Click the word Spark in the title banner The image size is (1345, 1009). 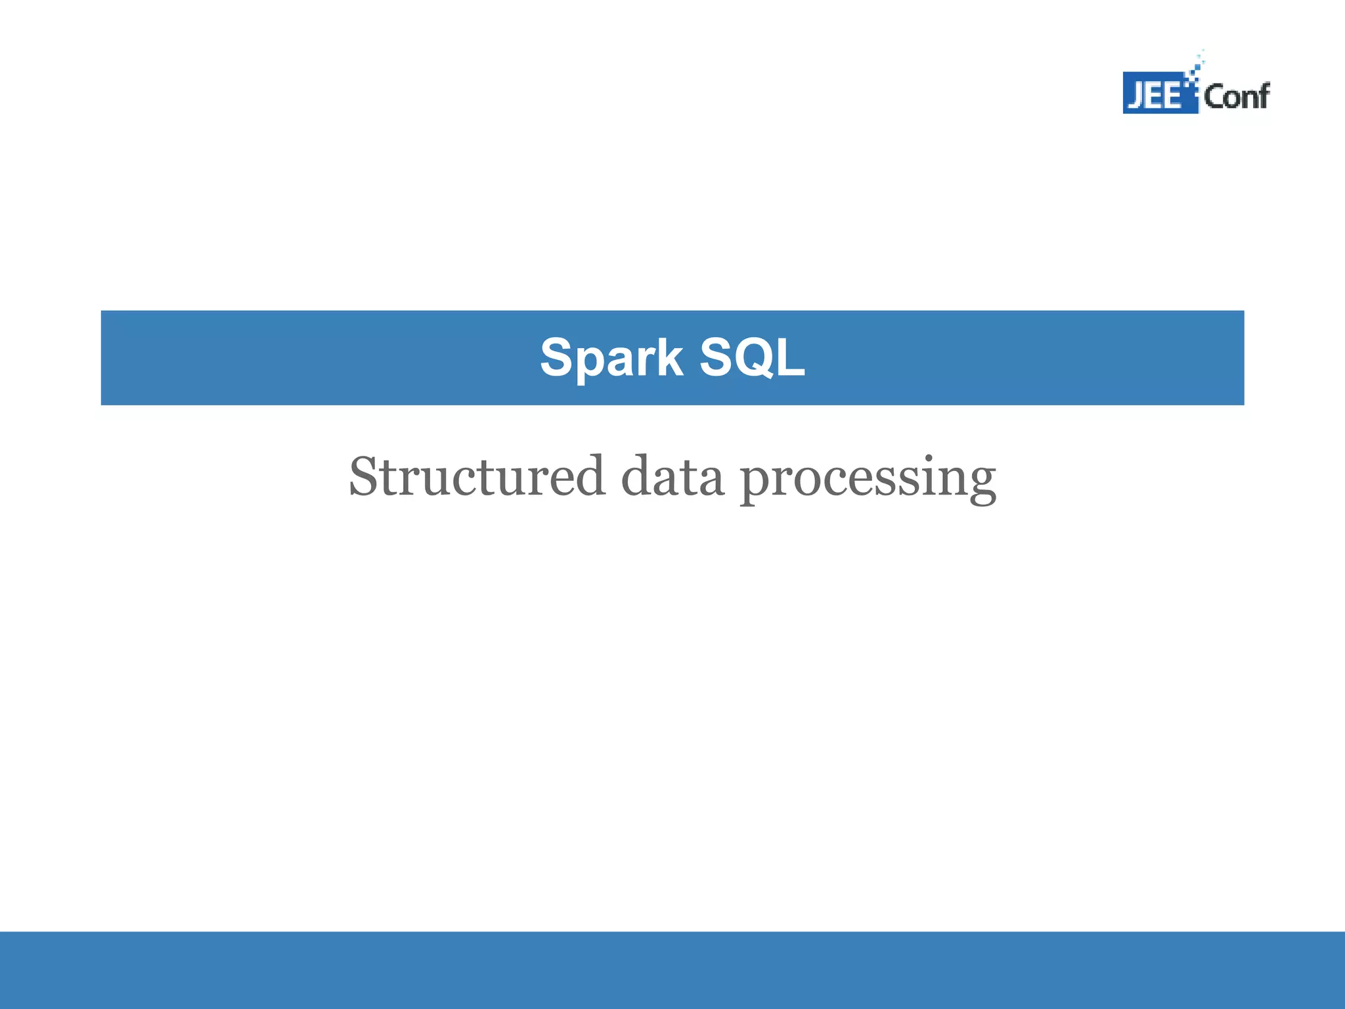pyautogui.click(x=611, y=358)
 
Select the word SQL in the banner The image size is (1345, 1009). pyautogui.click(x=752, y=358)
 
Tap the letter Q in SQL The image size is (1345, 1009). pyautogui.click(x=753, y=358)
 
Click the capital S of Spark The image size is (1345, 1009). pyautogui.click(x=557, y=358)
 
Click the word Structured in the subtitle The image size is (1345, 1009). pyautogui.click(x=476, y=476)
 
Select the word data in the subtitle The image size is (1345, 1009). pyautogui.click(x=672, y=476)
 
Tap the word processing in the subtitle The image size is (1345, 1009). pyautogui.click(x=868, y=480)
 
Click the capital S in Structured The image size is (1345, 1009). pyautogui.click(x=365, y=476)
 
